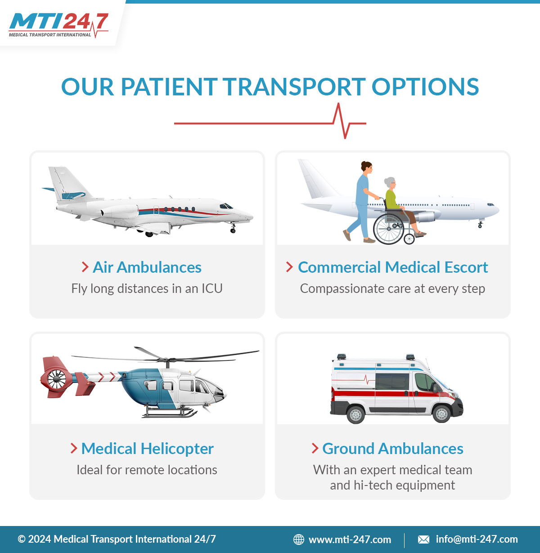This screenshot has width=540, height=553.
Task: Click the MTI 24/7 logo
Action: pyautogui.click(x=58, y=25)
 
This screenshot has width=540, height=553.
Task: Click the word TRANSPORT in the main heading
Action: pyautogui.click(x=294, y=87)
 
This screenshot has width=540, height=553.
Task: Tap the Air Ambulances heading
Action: pyautogui.click(x=147, y=267)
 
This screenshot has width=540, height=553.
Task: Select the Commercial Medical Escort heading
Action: pyautogui.click(x=393, y=267)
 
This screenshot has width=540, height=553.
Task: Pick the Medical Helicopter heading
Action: pyautogui.click(x=147, y=449)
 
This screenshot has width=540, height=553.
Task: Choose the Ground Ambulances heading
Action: pyautogui.click(x=393, y=449)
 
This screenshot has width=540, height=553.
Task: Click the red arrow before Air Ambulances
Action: pyautogui.click(x=85, y=267)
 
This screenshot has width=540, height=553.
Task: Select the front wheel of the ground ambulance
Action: pyautogui.click(x=441, y=414)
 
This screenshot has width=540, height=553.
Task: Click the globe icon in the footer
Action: pyautogui.click(x=299, y=539)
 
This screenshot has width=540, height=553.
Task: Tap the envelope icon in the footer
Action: pyautogui.click(x=423, y=540)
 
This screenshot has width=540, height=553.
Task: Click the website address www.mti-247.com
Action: pyautogui.click(x=350, y=539)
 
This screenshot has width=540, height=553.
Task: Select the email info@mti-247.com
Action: pyautogui.click(x=477, y=539)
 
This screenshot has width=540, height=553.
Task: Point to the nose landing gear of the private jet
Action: pyautogui.click(x=233, y=228)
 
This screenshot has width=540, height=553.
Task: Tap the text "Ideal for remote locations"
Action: pyautogui.click(x=147, y=470)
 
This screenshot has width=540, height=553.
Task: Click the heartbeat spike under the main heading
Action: pyautogui.click(x=342, y=121)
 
